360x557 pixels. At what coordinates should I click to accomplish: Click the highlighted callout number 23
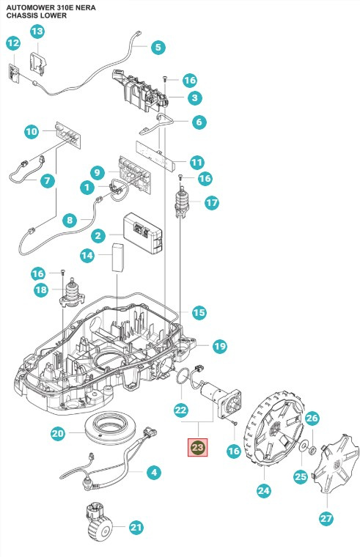[x=198, y=447]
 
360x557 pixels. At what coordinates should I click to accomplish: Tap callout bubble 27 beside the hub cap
[x=326, y=518]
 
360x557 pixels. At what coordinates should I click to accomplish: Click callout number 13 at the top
[x=36, y=31]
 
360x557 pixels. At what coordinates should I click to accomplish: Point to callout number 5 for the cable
[x=158, y=48]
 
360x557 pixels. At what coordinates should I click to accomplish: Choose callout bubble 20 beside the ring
[x=59, y=434]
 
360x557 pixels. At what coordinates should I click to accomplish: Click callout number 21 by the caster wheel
[x=136, y=528]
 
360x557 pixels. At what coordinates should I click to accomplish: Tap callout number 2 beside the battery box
[x=97, y=235]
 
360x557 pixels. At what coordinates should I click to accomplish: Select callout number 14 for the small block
[x=87, y=255]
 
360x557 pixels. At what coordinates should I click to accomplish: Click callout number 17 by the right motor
[x=212, y=203]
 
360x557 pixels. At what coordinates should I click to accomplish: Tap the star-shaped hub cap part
[x=334, y=462]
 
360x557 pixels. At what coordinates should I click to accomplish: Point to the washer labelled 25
[x=302, y=445]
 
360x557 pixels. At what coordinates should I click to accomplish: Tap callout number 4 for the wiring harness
[x=153, y=473]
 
